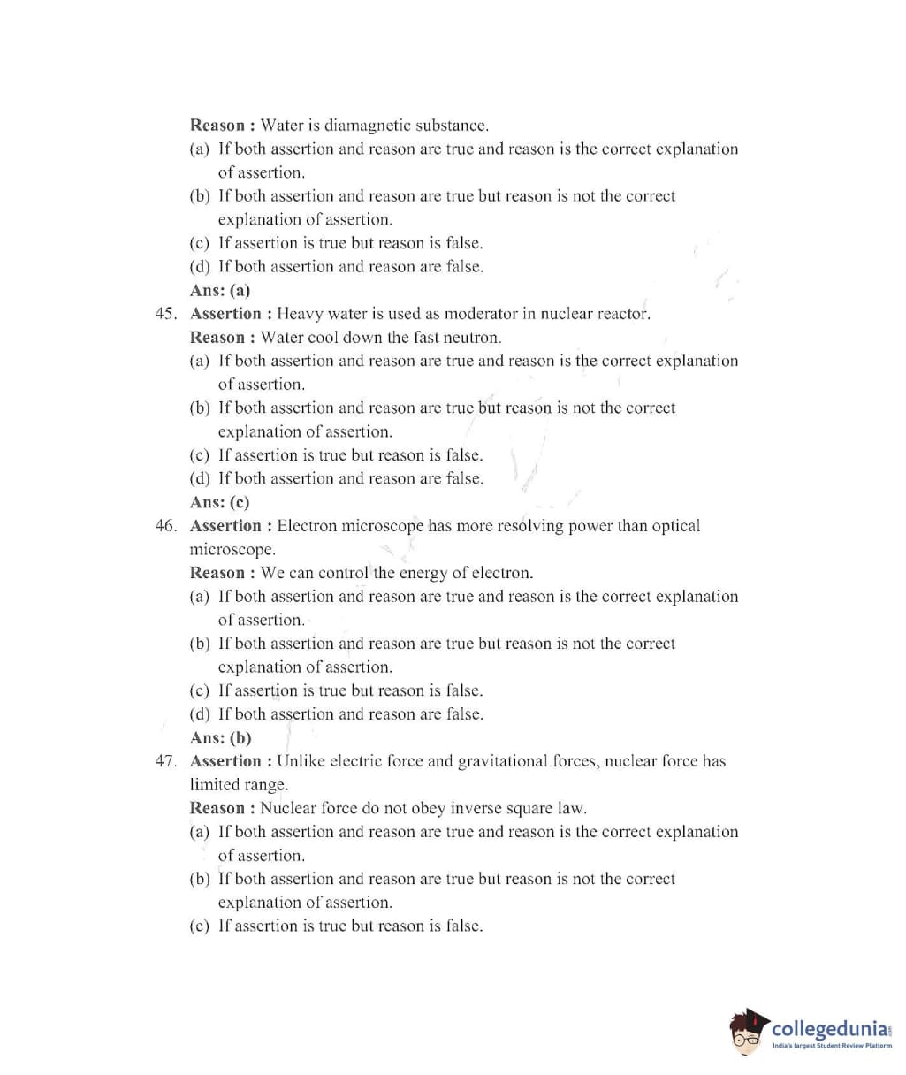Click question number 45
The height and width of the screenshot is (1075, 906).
coord(165,314)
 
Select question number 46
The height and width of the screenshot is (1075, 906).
coord(165,526)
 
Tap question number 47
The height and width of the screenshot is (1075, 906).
coord(165,761)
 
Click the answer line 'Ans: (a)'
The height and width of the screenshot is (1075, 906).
coord(220,290)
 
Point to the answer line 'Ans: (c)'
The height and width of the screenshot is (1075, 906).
coord(220,502)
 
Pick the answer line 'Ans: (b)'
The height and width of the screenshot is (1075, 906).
coord(221,737)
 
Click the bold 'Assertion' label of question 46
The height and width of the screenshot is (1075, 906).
coord(225,526)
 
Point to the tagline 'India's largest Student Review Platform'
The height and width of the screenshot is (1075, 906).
coord(832,1046)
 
